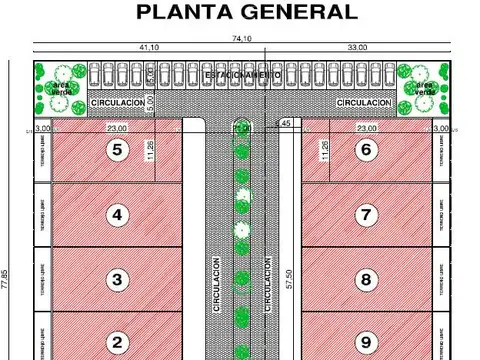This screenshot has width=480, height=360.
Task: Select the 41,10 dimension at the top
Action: pos(148,47)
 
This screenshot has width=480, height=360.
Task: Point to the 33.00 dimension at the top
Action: pos(357,47)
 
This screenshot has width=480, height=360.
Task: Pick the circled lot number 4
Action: pos(117,214)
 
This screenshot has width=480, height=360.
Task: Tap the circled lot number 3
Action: pos(117,279)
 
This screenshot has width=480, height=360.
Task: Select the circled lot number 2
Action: pos(117,343)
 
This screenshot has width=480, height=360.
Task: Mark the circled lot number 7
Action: pos(367,214)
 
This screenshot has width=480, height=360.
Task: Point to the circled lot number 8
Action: pos(367,279)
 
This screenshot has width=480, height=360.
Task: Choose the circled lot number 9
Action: pos(367,343)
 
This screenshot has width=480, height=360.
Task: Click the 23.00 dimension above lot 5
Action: pos(118,127)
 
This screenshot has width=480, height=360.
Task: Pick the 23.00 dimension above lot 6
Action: pos(367,127)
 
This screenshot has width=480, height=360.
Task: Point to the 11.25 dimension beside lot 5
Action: pos(150,150)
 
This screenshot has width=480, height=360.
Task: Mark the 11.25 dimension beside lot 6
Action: pos(323,150)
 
